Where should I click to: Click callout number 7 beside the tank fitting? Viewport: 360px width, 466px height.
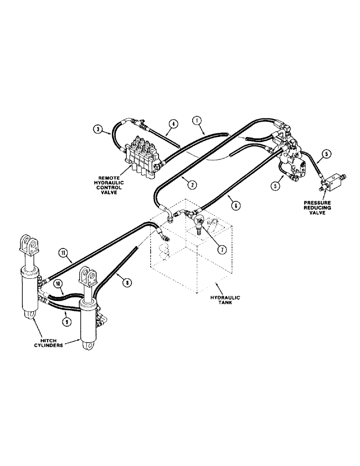point(222,249)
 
